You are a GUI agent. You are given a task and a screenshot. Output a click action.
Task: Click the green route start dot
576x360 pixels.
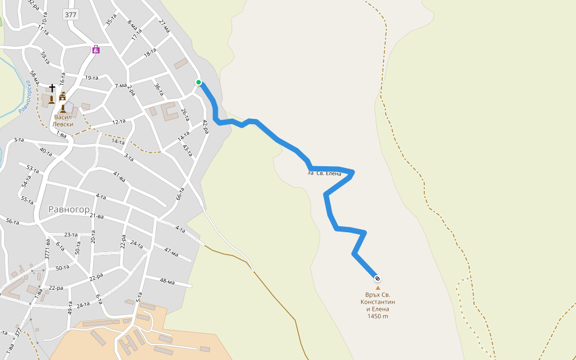199,82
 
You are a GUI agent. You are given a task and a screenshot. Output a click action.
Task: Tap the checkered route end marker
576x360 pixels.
377,278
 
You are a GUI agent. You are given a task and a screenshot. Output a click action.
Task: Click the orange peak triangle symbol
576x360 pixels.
378,288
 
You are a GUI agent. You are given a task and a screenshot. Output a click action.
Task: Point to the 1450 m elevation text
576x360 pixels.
378,316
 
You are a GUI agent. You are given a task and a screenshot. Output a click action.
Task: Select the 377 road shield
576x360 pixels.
71,14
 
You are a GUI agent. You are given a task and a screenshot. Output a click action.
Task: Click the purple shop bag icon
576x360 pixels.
96,50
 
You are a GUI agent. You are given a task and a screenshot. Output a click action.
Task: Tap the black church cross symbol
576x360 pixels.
52,88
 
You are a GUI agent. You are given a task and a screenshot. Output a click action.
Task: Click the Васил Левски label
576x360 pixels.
63,121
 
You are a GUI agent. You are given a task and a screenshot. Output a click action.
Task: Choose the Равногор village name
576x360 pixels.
69,209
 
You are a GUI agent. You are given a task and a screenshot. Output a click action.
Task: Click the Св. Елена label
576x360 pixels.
328,174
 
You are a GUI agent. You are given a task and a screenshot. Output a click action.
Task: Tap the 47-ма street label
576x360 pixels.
171,253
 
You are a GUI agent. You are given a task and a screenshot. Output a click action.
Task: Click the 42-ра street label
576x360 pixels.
205,126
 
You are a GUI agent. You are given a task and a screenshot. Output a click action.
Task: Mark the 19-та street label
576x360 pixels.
91,78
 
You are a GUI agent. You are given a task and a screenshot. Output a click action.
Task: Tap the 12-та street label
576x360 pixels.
119,122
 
